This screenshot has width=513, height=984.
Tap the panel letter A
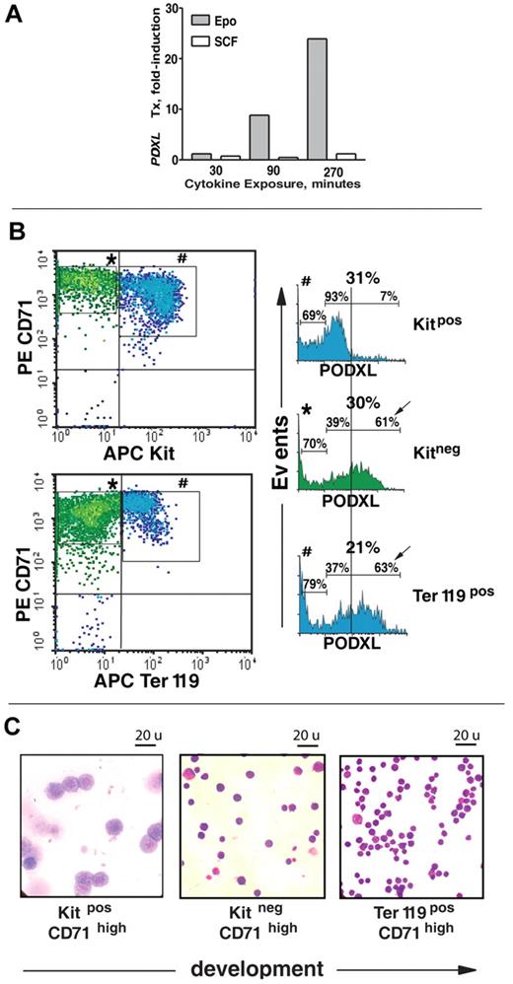(17, 19)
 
